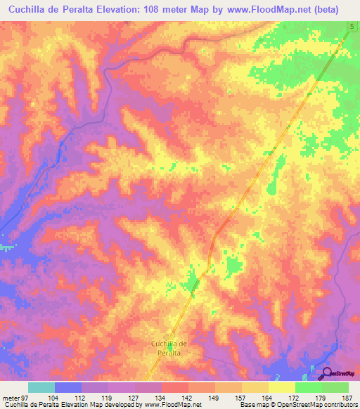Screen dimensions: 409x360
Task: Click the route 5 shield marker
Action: click(x=350, y=27)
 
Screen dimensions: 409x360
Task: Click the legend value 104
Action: click(x=53, y=398)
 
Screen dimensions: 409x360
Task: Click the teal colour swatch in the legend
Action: click(x=41, y=387)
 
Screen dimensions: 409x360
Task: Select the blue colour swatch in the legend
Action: click(x=68, y=387)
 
